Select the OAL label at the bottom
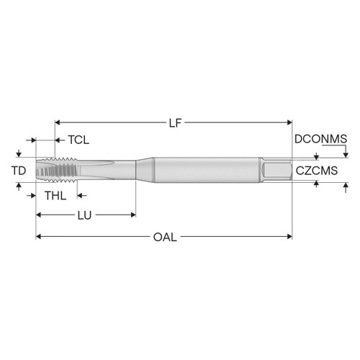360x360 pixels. click(165, 236)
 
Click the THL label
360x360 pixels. click(55, 195)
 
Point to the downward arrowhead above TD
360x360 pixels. click(17, 154)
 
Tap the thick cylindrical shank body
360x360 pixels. click(209, 171)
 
